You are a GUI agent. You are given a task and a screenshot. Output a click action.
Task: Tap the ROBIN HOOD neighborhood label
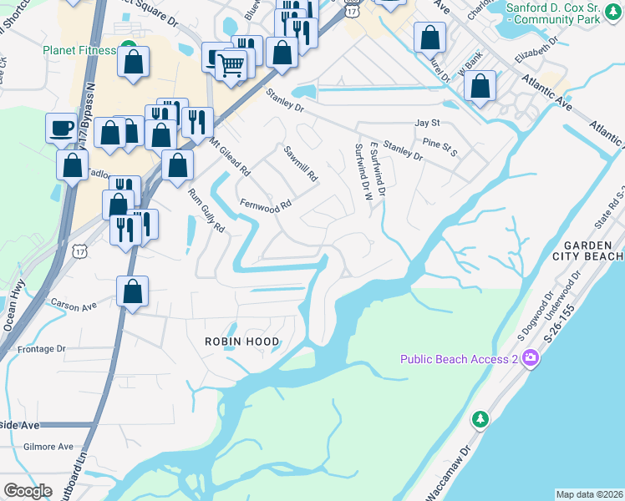(x=242, y=342)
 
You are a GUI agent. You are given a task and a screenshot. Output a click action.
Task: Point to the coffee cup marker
(x=60, y=127)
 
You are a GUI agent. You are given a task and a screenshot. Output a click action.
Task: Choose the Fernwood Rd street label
(x=265, y=203)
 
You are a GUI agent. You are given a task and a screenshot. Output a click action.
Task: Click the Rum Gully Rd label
(x=206, y=211)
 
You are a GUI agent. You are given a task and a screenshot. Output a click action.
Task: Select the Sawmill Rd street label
(x=302, y=164)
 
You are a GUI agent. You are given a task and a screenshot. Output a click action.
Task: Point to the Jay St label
(x=427, y=123)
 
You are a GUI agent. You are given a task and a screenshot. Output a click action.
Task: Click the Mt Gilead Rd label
(x=231, y=156)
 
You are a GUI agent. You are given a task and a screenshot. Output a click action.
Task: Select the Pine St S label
(x=440, y=147)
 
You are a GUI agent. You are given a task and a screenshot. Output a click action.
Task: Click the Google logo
(x=28, y=491)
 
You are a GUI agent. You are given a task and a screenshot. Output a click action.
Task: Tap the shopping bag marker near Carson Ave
(x=132, y=291)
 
